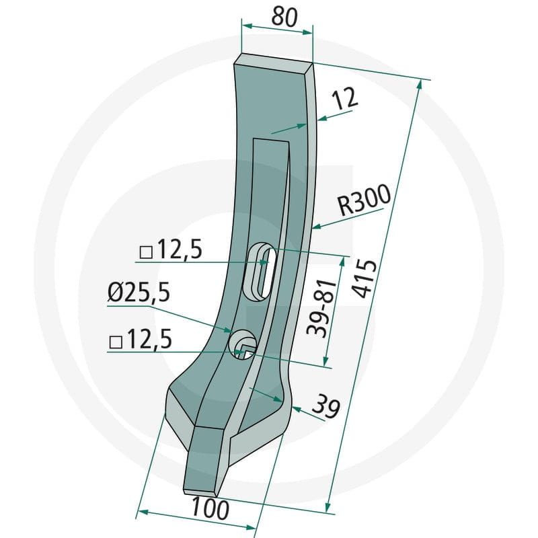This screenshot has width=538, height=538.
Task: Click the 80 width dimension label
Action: pos(284,17)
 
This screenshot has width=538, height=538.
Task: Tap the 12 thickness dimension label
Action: pos(346,99)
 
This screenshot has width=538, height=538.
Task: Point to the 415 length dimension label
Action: pos(364,278)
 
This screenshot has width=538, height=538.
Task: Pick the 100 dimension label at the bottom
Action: pos(210,509)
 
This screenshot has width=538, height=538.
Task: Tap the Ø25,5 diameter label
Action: pos(139,293)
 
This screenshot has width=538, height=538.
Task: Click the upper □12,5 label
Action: pos(171,249)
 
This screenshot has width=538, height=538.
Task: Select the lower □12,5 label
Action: pos(141,339)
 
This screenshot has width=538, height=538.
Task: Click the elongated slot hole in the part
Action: pos(260,272)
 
